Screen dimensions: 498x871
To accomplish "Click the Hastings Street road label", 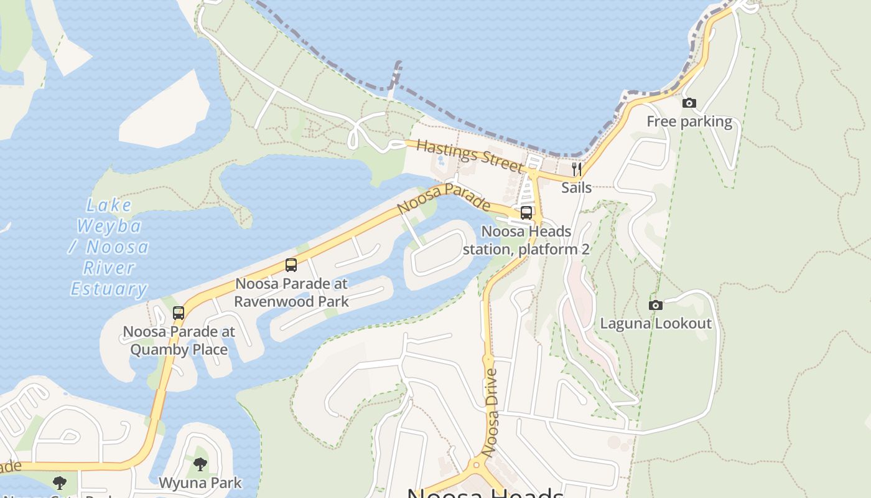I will pos(469,156).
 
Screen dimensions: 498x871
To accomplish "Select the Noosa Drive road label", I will pos(491,413).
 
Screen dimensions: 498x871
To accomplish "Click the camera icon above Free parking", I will pos(689,103).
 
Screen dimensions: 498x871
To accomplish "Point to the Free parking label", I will pos(689,121).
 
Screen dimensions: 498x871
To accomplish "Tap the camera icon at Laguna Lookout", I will pos(655,305).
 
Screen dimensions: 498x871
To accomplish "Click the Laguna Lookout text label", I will pos(655,323).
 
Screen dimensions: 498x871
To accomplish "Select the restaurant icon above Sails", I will pos(576,169).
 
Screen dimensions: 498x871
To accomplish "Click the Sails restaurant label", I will pos(576,187).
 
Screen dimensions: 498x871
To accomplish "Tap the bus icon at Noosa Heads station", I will pos(526,212).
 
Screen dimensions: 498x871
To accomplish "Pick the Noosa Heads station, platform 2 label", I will pos(526,240).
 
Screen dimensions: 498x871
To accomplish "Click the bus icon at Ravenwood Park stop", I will pos(291,265).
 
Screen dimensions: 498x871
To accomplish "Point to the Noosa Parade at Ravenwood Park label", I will pos(291,292).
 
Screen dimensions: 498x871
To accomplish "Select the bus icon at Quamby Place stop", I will pos(179,313).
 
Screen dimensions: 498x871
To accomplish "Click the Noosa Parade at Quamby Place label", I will pos(179,341).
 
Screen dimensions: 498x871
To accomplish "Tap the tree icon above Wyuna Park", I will pos(200,464).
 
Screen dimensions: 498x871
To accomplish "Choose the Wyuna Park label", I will pos(200,482).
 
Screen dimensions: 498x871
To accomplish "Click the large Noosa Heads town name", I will pos(485,492).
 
